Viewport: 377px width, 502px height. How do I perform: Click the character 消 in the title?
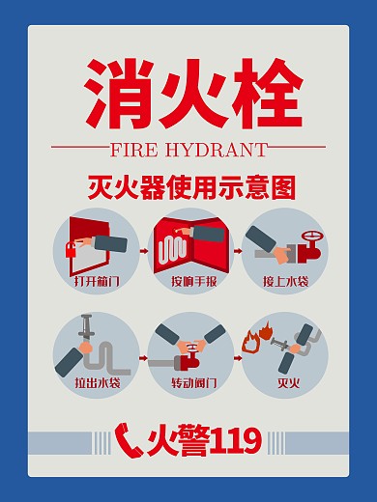click(115, 93)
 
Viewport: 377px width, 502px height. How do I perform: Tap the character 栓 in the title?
click(264, 93)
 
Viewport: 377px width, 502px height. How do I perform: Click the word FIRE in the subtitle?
click(138, 151)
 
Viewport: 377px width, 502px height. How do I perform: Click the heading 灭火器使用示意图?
click(188, 186)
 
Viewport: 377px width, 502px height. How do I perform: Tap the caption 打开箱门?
click(97, 282)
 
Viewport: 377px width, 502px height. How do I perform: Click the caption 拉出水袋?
click(97, 382)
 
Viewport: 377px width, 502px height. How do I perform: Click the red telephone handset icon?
click(129, 439)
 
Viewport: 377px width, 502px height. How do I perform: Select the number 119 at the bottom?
click(235, 440)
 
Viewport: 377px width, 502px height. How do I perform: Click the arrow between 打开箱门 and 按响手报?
click(144, 250)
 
